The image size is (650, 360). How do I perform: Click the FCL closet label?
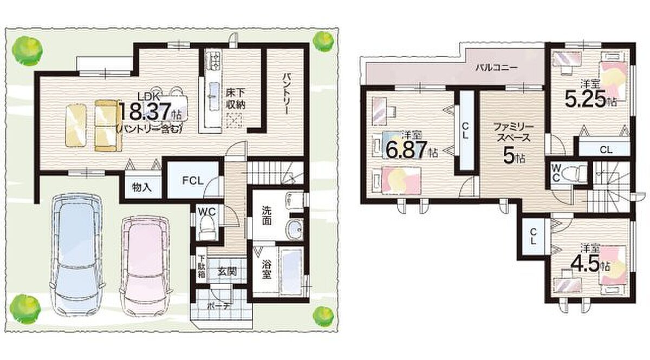tap(192, 181)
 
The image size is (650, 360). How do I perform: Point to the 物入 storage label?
tap(141, 188)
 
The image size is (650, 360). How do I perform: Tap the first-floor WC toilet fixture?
tap(207, 226)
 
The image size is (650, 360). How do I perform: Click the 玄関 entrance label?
tap(227, 272)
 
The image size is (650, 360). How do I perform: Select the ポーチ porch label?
tap(219, 306)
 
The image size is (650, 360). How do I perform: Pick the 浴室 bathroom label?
tap(266, 269)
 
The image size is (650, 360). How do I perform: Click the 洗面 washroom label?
tap(266, 215)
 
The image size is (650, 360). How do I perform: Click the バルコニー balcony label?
tap(496, 68)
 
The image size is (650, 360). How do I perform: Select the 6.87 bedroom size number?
tap(406, 150)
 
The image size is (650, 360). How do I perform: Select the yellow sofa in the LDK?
tap(108, 125)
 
